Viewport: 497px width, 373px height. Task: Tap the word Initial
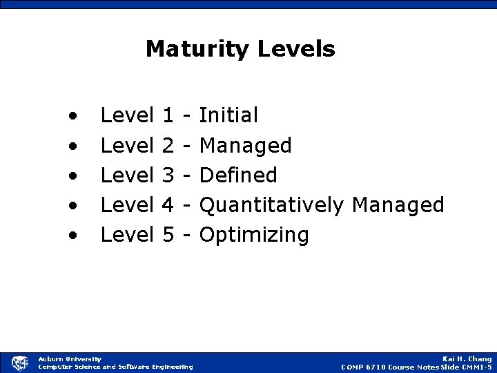pos(228,115)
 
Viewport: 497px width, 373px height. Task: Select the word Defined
pos(238,175)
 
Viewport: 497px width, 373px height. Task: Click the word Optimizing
pos(254,236)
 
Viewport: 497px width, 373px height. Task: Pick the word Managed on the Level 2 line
pos(246,145)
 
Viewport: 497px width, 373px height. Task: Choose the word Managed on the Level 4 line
pos(398,205)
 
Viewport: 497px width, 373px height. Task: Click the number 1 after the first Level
pos(166,115)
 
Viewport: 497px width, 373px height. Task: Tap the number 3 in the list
pos(166,175)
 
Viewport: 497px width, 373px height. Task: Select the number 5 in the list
pos(166,236)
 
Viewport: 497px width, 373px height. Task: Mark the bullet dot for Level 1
pos(72,116)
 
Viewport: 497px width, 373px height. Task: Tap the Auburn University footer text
pos(70,358)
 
